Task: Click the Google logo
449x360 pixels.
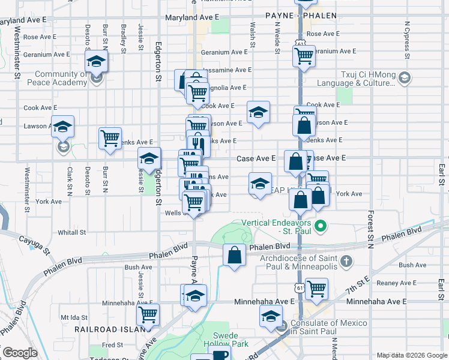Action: point(20,353)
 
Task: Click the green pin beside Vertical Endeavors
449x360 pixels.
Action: point(321,226)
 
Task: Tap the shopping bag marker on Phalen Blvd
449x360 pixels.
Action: point(234,254)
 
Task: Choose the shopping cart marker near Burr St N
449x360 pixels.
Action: point(110,138)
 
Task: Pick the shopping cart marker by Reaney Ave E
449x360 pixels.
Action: point(316,289)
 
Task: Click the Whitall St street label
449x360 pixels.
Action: point(72,232)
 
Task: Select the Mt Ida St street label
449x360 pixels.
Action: point(74,316)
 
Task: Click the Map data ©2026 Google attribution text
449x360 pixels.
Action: point(412,355)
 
